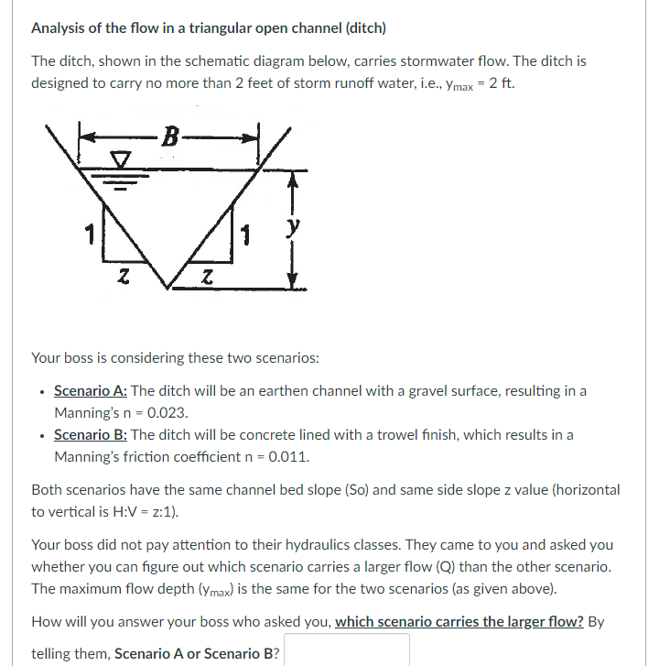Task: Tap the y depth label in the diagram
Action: click(x=292, y=224)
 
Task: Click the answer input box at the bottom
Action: click(x=352, y=652)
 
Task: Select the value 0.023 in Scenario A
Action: click(x=195, y=413)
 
